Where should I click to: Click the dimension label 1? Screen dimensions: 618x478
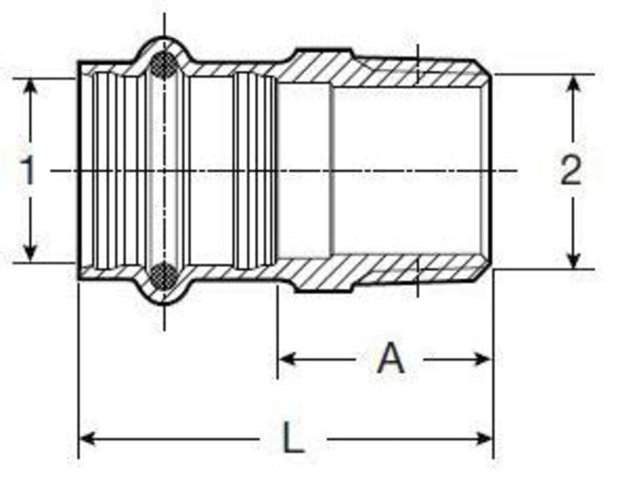click(28, 170)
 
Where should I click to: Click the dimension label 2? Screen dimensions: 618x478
click(571, 170)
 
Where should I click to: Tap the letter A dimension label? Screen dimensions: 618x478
click(390, 358)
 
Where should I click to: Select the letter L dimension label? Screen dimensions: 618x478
click(294, 437)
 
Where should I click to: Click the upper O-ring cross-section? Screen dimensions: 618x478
click(164, 65)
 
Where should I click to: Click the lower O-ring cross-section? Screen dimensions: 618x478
click(164, 276)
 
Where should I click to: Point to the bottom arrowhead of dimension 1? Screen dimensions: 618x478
click(30, 254)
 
